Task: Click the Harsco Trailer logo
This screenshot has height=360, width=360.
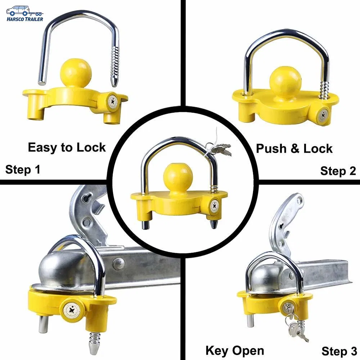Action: [x=24, y=13]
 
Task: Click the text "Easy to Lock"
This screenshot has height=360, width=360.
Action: [x=67, y=147]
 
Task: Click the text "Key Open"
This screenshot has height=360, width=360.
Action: [x=234, y=350]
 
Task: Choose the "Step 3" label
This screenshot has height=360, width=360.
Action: [x=339, y=351]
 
